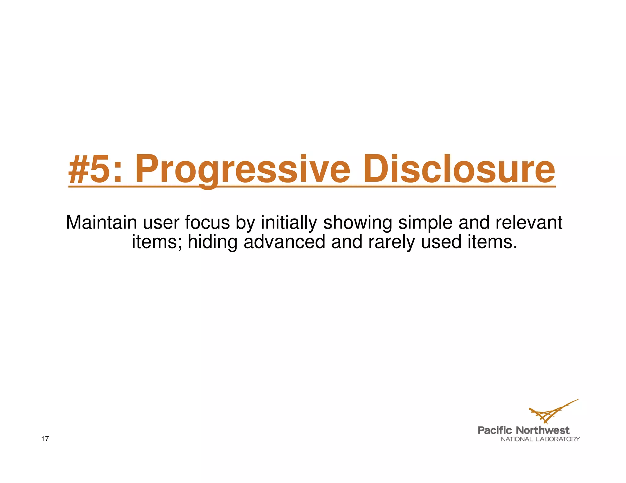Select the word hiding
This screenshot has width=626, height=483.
[x=212, y=242]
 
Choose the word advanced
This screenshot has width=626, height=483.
[x=284, y=242]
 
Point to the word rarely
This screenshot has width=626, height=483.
[x=391, y=242]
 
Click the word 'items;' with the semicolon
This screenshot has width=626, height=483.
[x=157, y=242]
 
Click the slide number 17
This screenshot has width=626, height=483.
[x=45, y=439]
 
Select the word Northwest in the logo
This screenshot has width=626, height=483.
[x=543, y=430]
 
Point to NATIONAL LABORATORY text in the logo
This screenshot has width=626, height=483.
[x=540, y=439]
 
